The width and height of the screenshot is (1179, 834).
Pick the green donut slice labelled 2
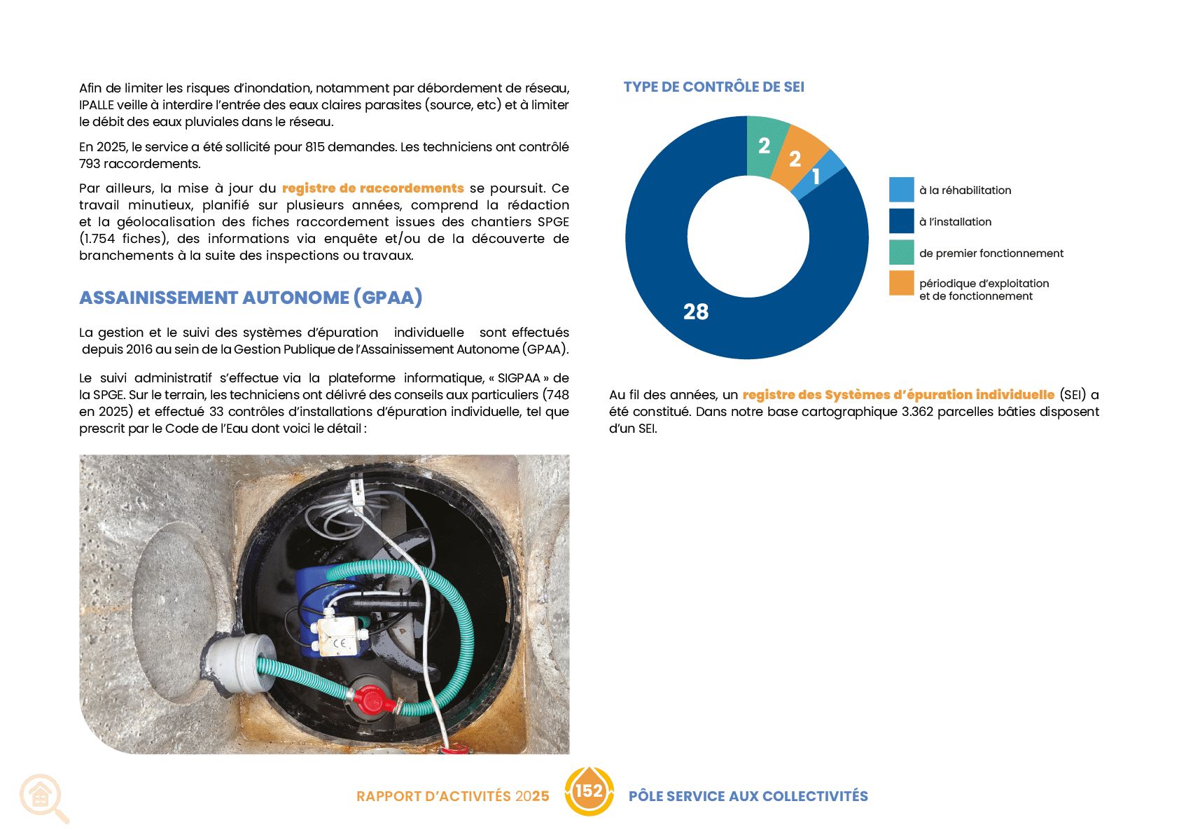click(765, 146)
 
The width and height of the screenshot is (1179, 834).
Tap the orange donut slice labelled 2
click(796, 158)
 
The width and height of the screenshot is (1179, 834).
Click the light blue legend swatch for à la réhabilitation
click(901, 190)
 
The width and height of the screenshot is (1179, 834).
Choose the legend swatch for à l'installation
click(901, 221)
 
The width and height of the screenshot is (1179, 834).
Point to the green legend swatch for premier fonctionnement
click(901, 252)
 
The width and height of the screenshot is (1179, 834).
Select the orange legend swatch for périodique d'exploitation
click(901, 284)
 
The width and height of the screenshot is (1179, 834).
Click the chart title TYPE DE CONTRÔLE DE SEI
click(713, 87)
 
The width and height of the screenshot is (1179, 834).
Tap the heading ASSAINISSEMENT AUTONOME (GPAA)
click(251, 298)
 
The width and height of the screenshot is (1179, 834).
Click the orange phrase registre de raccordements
click(372, 188)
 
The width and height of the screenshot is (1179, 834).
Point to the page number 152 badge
click(589, 791)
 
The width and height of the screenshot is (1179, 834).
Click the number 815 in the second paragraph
click(315, 147)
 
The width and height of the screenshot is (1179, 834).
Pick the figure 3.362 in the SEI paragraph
click(917, 412)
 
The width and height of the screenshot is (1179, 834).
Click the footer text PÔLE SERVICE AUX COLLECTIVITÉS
click(748, 796)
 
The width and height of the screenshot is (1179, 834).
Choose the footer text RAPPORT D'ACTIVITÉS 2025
click(453, 796)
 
